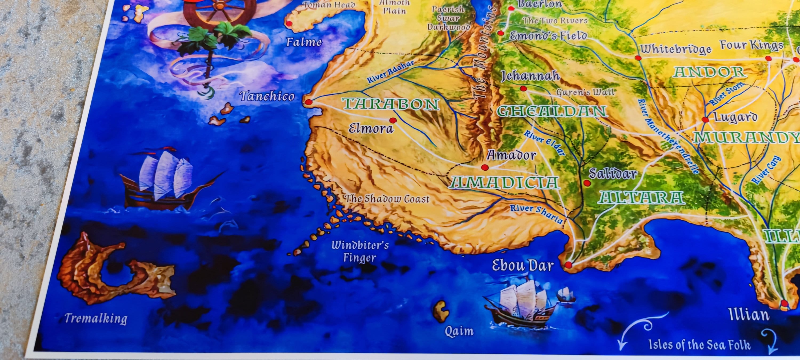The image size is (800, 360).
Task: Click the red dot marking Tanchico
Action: (x=308, y=102)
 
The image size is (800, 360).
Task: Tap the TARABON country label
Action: (x=391, y=104)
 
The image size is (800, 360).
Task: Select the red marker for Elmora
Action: (x=393, y=120)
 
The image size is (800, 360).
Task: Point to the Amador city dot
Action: (x=485, y=168)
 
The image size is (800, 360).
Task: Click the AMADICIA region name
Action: (x=504, y=182)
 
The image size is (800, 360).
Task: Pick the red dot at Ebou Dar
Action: (x=568, y=265)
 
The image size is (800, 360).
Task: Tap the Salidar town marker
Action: (x=587, y=183)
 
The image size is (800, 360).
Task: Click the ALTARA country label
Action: (x=642, y=198)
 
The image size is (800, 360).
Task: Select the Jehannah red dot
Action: (x=523, y=89)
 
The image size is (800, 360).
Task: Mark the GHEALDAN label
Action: (x=552, y=111)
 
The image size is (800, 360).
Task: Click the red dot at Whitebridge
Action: (x=638, y=58)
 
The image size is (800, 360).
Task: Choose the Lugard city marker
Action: (x=705, y=119)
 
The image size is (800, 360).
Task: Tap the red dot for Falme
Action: (x=289, y=23)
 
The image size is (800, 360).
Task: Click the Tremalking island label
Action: (x=96, y=318)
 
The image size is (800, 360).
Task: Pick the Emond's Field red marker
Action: (x=500, y=33)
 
